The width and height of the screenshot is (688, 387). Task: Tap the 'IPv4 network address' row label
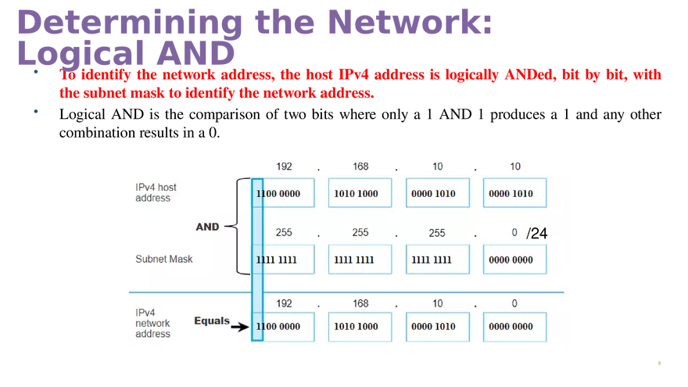point(152,323)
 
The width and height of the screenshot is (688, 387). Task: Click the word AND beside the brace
point(207,227)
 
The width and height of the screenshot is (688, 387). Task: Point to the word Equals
point(212,321)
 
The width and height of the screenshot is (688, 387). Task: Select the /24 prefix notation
point(536,233)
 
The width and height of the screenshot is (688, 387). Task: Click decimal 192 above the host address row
point(285,167)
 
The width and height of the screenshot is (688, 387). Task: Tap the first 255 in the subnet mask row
point(285,233)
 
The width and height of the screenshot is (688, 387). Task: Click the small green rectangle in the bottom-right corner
point(660,363)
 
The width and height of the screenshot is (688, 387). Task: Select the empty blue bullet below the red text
point(36,112)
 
